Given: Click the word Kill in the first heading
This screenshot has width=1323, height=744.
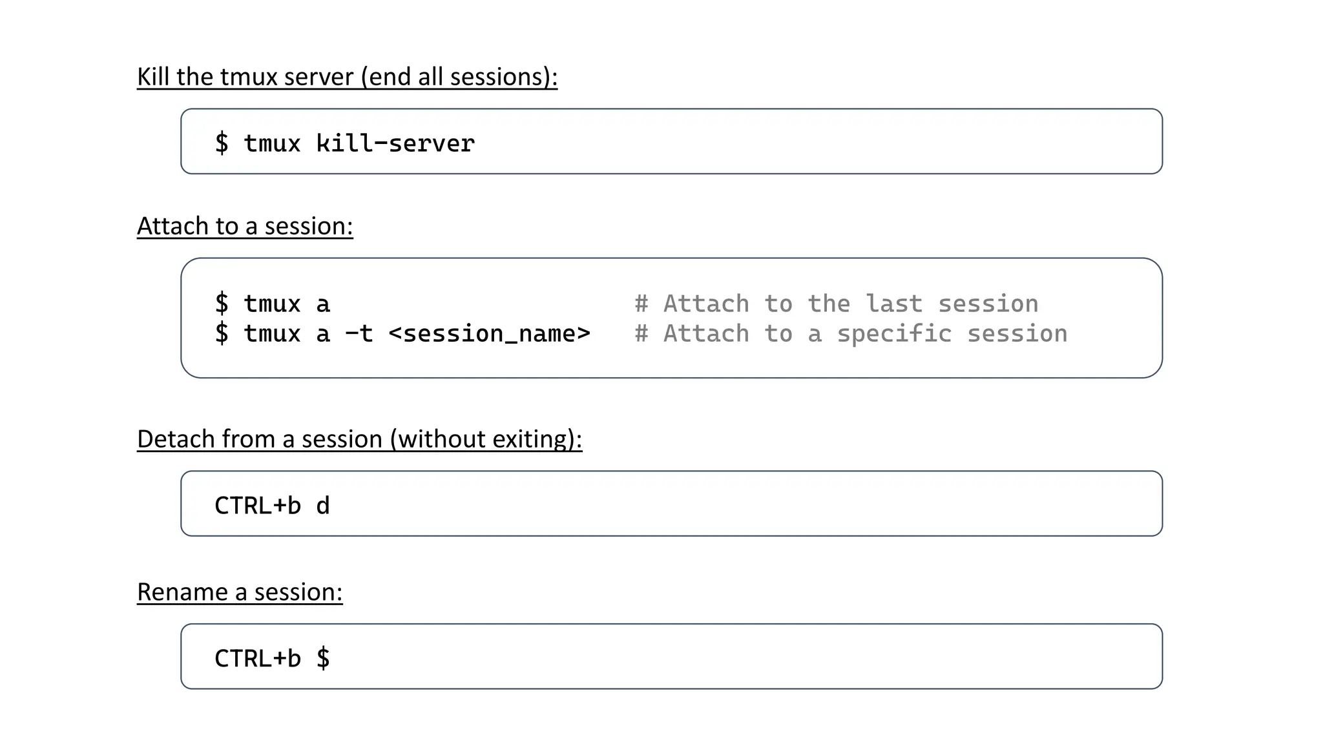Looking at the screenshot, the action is [153, 77].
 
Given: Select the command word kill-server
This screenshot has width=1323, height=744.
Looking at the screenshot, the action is [395, 143].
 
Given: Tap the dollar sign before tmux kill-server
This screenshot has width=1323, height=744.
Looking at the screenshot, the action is [222, 143].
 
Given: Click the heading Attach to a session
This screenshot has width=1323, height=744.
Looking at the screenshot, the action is [245, 226].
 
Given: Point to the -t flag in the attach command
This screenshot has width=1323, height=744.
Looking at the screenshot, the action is [359, 334].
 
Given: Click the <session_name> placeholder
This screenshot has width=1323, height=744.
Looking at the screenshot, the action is [489, 334].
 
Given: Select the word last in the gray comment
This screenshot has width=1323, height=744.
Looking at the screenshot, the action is [893, 304].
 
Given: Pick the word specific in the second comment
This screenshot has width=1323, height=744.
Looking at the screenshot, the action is [894, 334].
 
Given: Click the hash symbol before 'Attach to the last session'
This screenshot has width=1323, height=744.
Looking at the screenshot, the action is [641, 304].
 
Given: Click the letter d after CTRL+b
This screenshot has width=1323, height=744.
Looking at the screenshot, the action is [323, 506].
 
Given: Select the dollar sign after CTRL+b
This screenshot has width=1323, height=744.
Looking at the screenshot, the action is [323, 659].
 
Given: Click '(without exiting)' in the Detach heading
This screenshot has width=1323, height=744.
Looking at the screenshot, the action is [485, 439].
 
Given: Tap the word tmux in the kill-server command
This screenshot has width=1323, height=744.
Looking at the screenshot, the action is [272, 143].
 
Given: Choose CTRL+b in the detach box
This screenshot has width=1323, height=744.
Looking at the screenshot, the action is [258, 506].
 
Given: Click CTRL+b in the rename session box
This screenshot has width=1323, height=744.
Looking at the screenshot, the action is [258, 659].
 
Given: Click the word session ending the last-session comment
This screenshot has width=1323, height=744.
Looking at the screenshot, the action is [988, 304].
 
